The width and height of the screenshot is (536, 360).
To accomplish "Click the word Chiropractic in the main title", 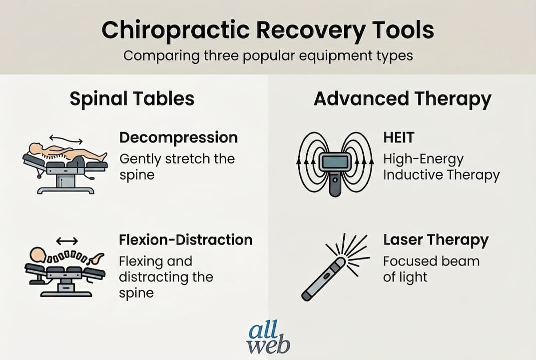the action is coord(176,30).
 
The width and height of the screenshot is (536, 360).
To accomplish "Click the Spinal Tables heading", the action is coord(132,99).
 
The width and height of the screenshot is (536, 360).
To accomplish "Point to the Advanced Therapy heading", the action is coord(402,99).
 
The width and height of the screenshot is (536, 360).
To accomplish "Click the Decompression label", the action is coord(178,137).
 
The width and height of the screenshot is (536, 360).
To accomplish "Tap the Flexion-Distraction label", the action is coord(186,240).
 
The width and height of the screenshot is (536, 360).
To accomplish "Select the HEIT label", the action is coord(399,137).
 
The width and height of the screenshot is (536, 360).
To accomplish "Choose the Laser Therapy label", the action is coord(436,240).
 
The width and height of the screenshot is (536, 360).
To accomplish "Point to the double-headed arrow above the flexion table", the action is coord(67,241).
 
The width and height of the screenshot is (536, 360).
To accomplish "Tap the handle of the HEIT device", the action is coord(335,184).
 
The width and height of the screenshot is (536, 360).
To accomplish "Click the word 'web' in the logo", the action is coord(268,346).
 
